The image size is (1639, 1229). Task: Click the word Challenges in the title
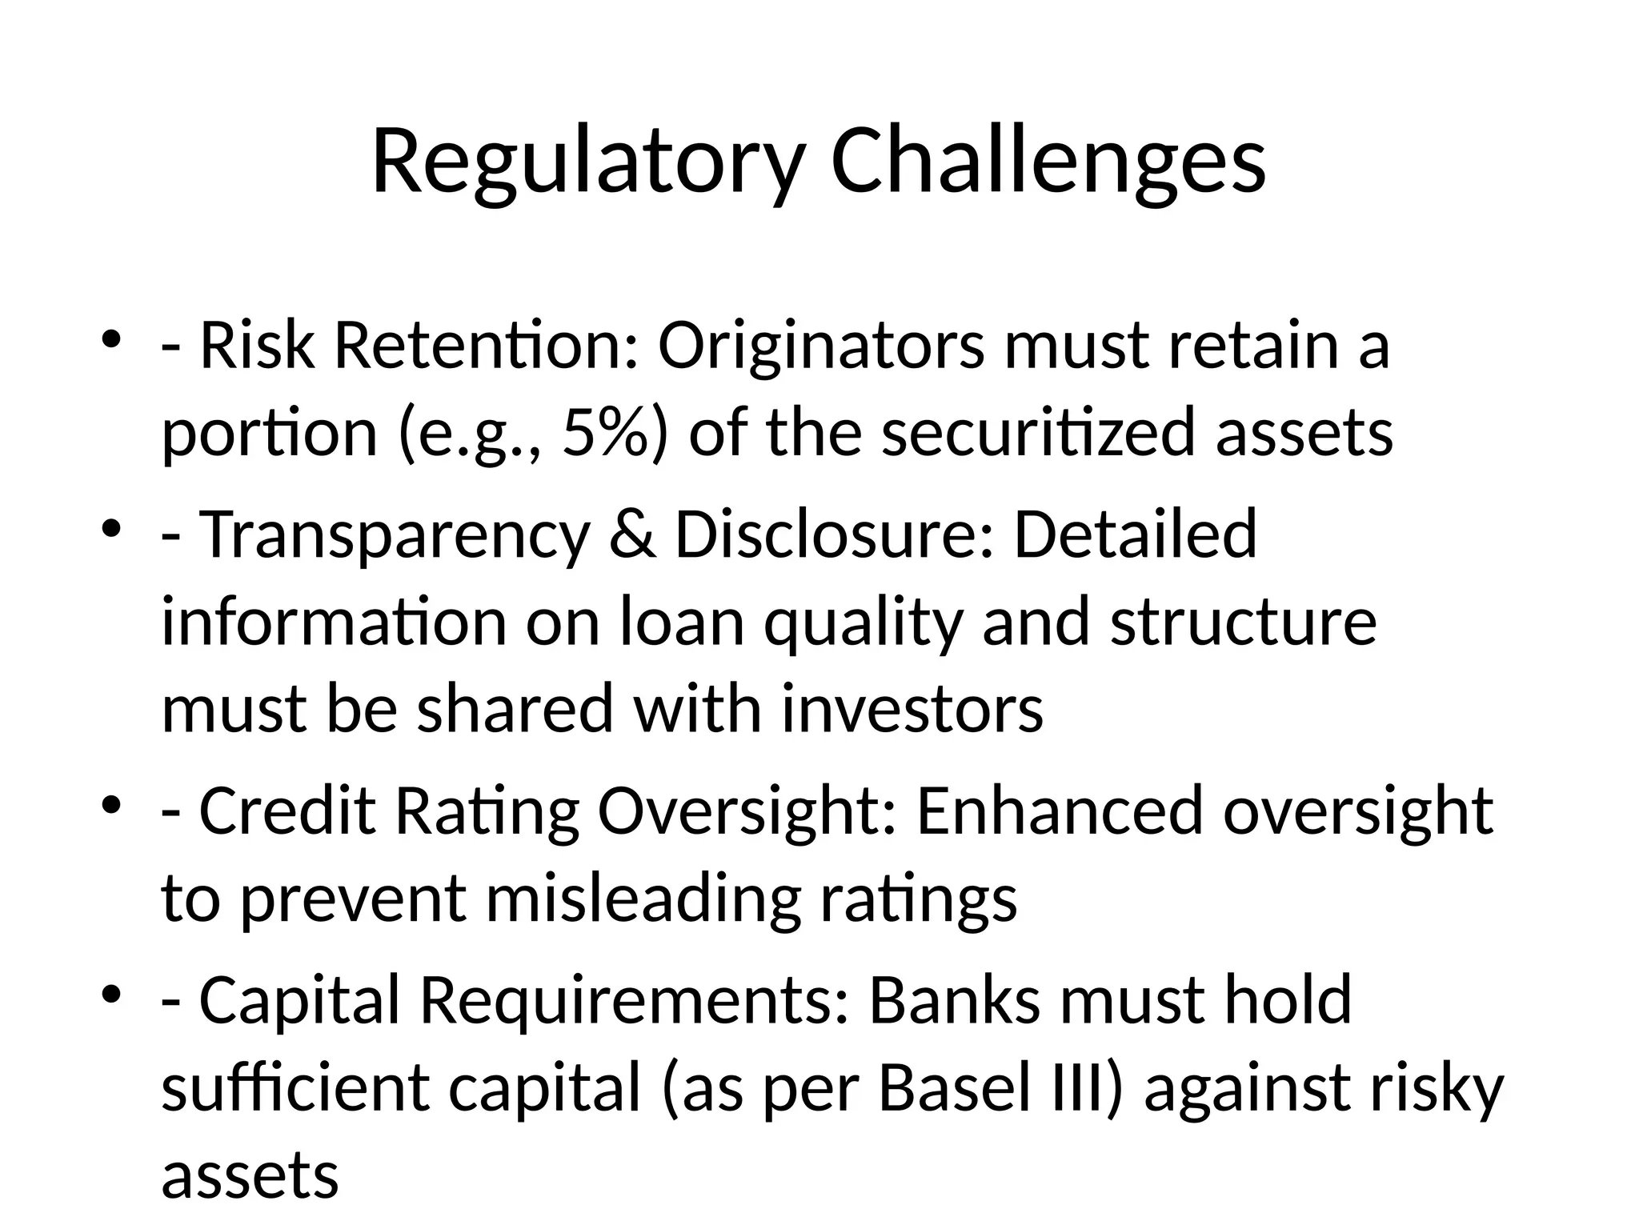pos(1048,162)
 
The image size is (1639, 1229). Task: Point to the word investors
pos(912,710)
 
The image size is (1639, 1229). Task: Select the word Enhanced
pos(1060,811)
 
